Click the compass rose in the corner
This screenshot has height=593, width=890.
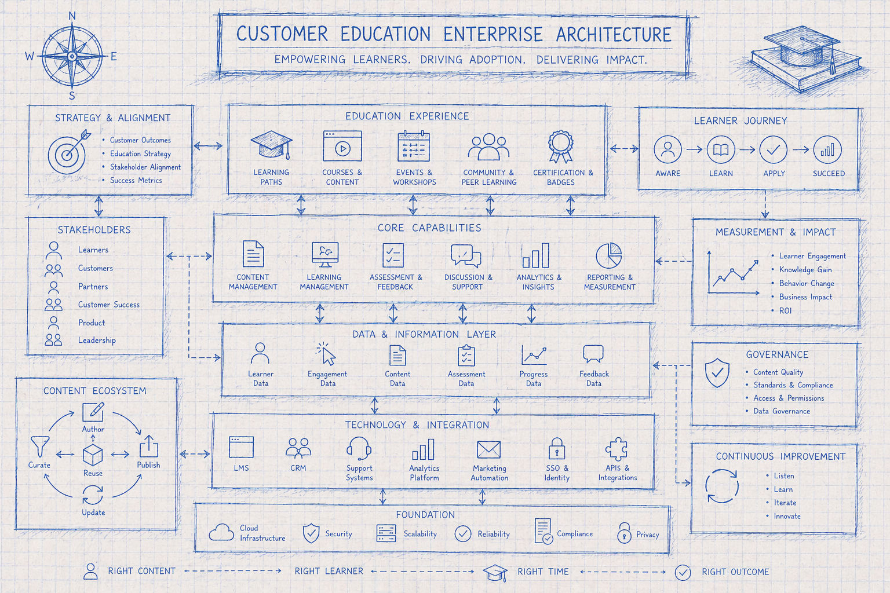click(72, 56)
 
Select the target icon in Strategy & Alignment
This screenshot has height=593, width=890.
click(68, 153)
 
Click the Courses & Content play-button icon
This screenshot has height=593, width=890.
click(342, 147)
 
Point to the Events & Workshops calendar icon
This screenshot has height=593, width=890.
click(414, 146)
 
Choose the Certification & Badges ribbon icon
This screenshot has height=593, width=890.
click(561, 146)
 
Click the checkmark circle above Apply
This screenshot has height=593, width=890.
click(774, 150)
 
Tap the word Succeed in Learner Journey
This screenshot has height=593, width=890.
click(829, 173)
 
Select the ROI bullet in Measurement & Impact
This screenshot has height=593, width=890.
click(785, 311)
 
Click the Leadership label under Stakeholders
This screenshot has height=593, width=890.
click(97, 341)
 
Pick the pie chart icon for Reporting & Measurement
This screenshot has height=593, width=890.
click(609, 255)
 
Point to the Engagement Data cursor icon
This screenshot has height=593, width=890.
click(327, 354)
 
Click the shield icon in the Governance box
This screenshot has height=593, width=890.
click(717, 372)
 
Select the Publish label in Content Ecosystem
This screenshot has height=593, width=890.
click(148, 465)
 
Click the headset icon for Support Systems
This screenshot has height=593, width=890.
click(359, 448)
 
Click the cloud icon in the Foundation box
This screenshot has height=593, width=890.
click(221, 532)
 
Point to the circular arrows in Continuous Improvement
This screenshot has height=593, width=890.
click(722, 486)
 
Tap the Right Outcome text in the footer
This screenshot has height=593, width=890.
click(735, 572)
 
